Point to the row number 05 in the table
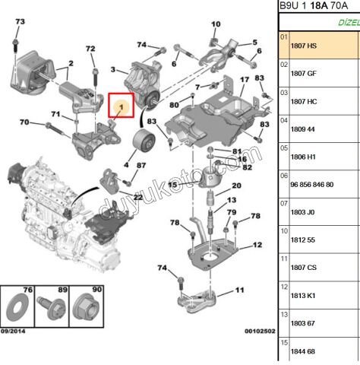tap(285, 156)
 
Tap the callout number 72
tap(90, 49)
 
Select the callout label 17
tap(245, 81)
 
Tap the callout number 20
tap(236, 186)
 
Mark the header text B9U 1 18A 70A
tap(313, 6)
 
